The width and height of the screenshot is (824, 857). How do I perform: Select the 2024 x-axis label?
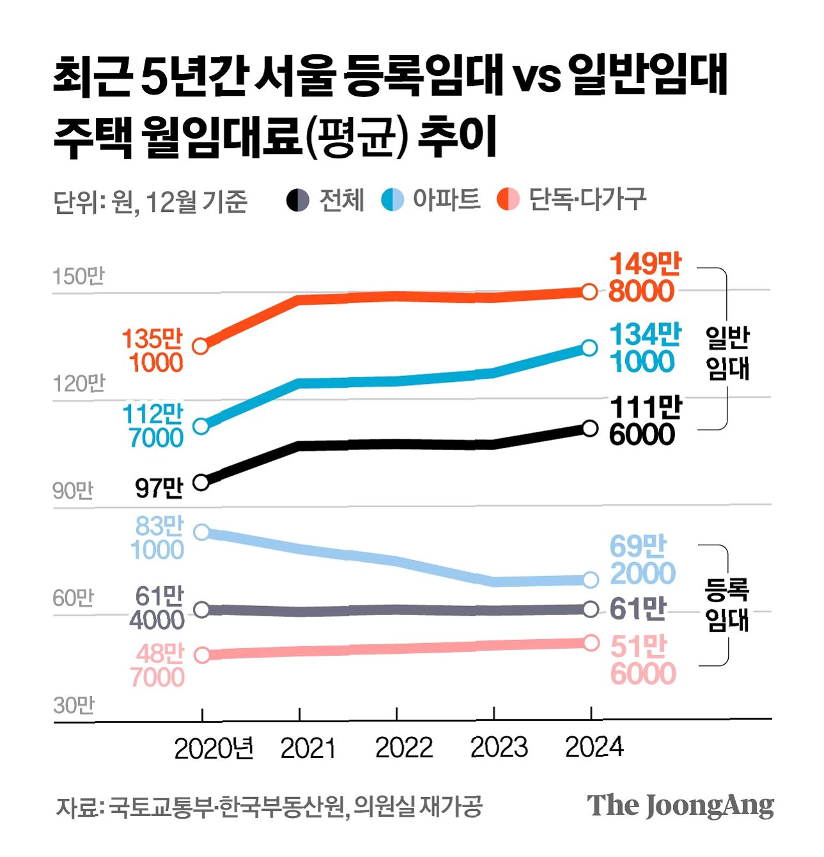tap(595, 747)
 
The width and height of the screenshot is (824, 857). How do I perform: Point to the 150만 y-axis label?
tap(79, 277)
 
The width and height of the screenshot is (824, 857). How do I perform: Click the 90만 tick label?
tap(73, 490)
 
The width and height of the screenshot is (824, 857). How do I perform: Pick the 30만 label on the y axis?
tap(74, 705)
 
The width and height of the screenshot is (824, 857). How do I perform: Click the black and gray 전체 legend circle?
tap(298, 200)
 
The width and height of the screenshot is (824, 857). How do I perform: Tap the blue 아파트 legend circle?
tap(393, 200)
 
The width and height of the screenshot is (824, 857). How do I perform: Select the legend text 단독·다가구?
tap(587, 199)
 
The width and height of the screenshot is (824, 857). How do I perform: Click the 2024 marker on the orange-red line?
tap(589, 292)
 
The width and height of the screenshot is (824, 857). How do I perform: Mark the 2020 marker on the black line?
tap(201, 482)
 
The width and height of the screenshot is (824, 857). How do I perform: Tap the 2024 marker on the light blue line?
tap(590, 580)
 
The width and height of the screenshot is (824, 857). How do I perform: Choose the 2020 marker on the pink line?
tap(202, 655)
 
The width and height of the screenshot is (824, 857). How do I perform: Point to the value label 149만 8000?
tap(644, 277)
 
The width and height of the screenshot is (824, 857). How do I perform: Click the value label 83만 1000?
tap(157, 538)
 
